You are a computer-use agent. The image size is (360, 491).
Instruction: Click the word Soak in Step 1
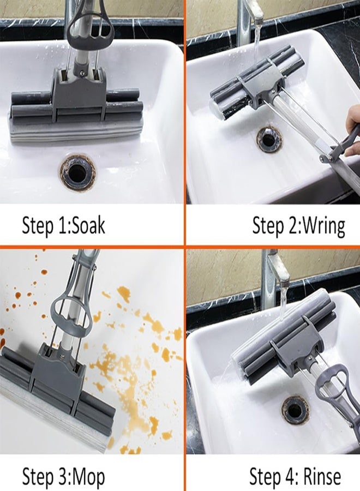[88, 225]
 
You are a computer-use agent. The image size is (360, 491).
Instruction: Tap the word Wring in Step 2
[324, 226]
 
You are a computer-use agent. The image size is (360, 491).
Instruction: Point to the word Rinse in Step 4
[322, 476]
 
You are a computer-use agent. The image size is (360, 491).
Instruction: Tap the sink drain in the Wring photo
[269, 139]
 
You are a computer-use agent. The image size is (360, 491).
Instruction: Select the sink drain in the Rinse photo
[295, 409]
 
